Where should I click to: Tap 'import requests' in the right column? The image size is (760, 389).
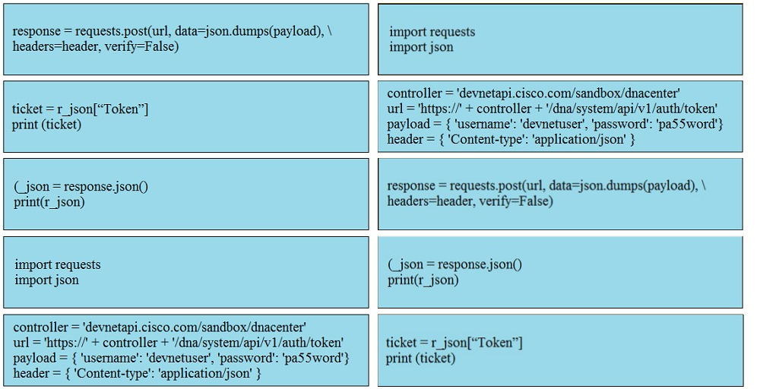point(432,32)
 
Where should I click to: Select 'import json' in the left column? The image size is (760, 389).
point(46,280)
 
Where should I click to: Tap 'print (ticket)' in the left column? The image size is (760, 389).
point(46,125)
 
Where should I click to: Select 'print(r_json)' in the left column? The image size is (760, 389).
point(49,202)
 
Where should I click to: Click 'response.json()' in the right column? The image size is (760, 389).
point(480,264)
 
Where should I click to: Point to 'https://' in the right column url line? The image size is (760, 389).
point(440,109)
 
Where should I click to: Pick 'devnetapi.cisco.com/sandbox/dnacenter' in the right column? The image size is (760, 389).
point(568,93)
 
